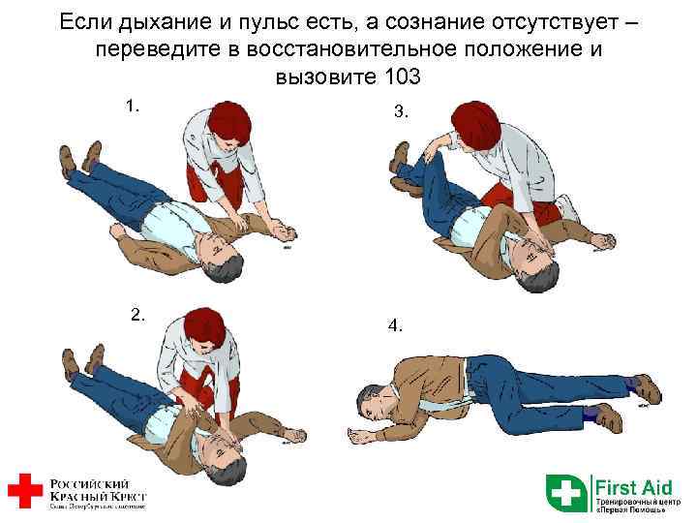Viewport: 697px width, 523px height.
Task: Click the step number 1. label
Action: tap(133, 105)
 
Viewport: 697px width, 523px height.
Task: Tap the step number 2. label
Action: tap(138, 313)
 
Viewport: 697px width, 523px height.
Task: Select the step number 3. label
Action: tap(402, 111)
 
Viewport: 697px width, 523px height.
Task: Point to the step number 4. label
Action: tap(395, 325)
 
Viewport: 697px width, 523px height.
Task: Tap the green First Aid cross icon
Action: tap(567, 491)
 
